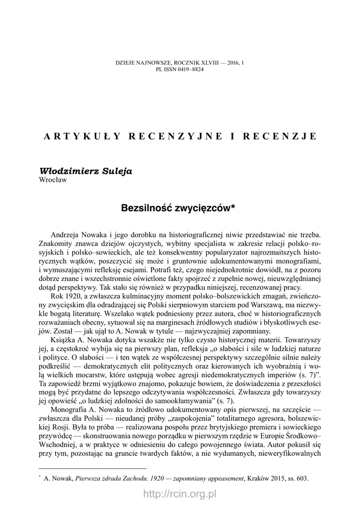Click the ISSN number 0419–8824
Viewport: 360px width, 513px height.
[190, 69]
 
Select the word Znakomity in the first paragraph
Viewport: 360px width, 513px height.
[56, 243]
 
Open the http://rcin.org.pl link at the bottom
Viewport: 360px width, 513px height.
[180, 494]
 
